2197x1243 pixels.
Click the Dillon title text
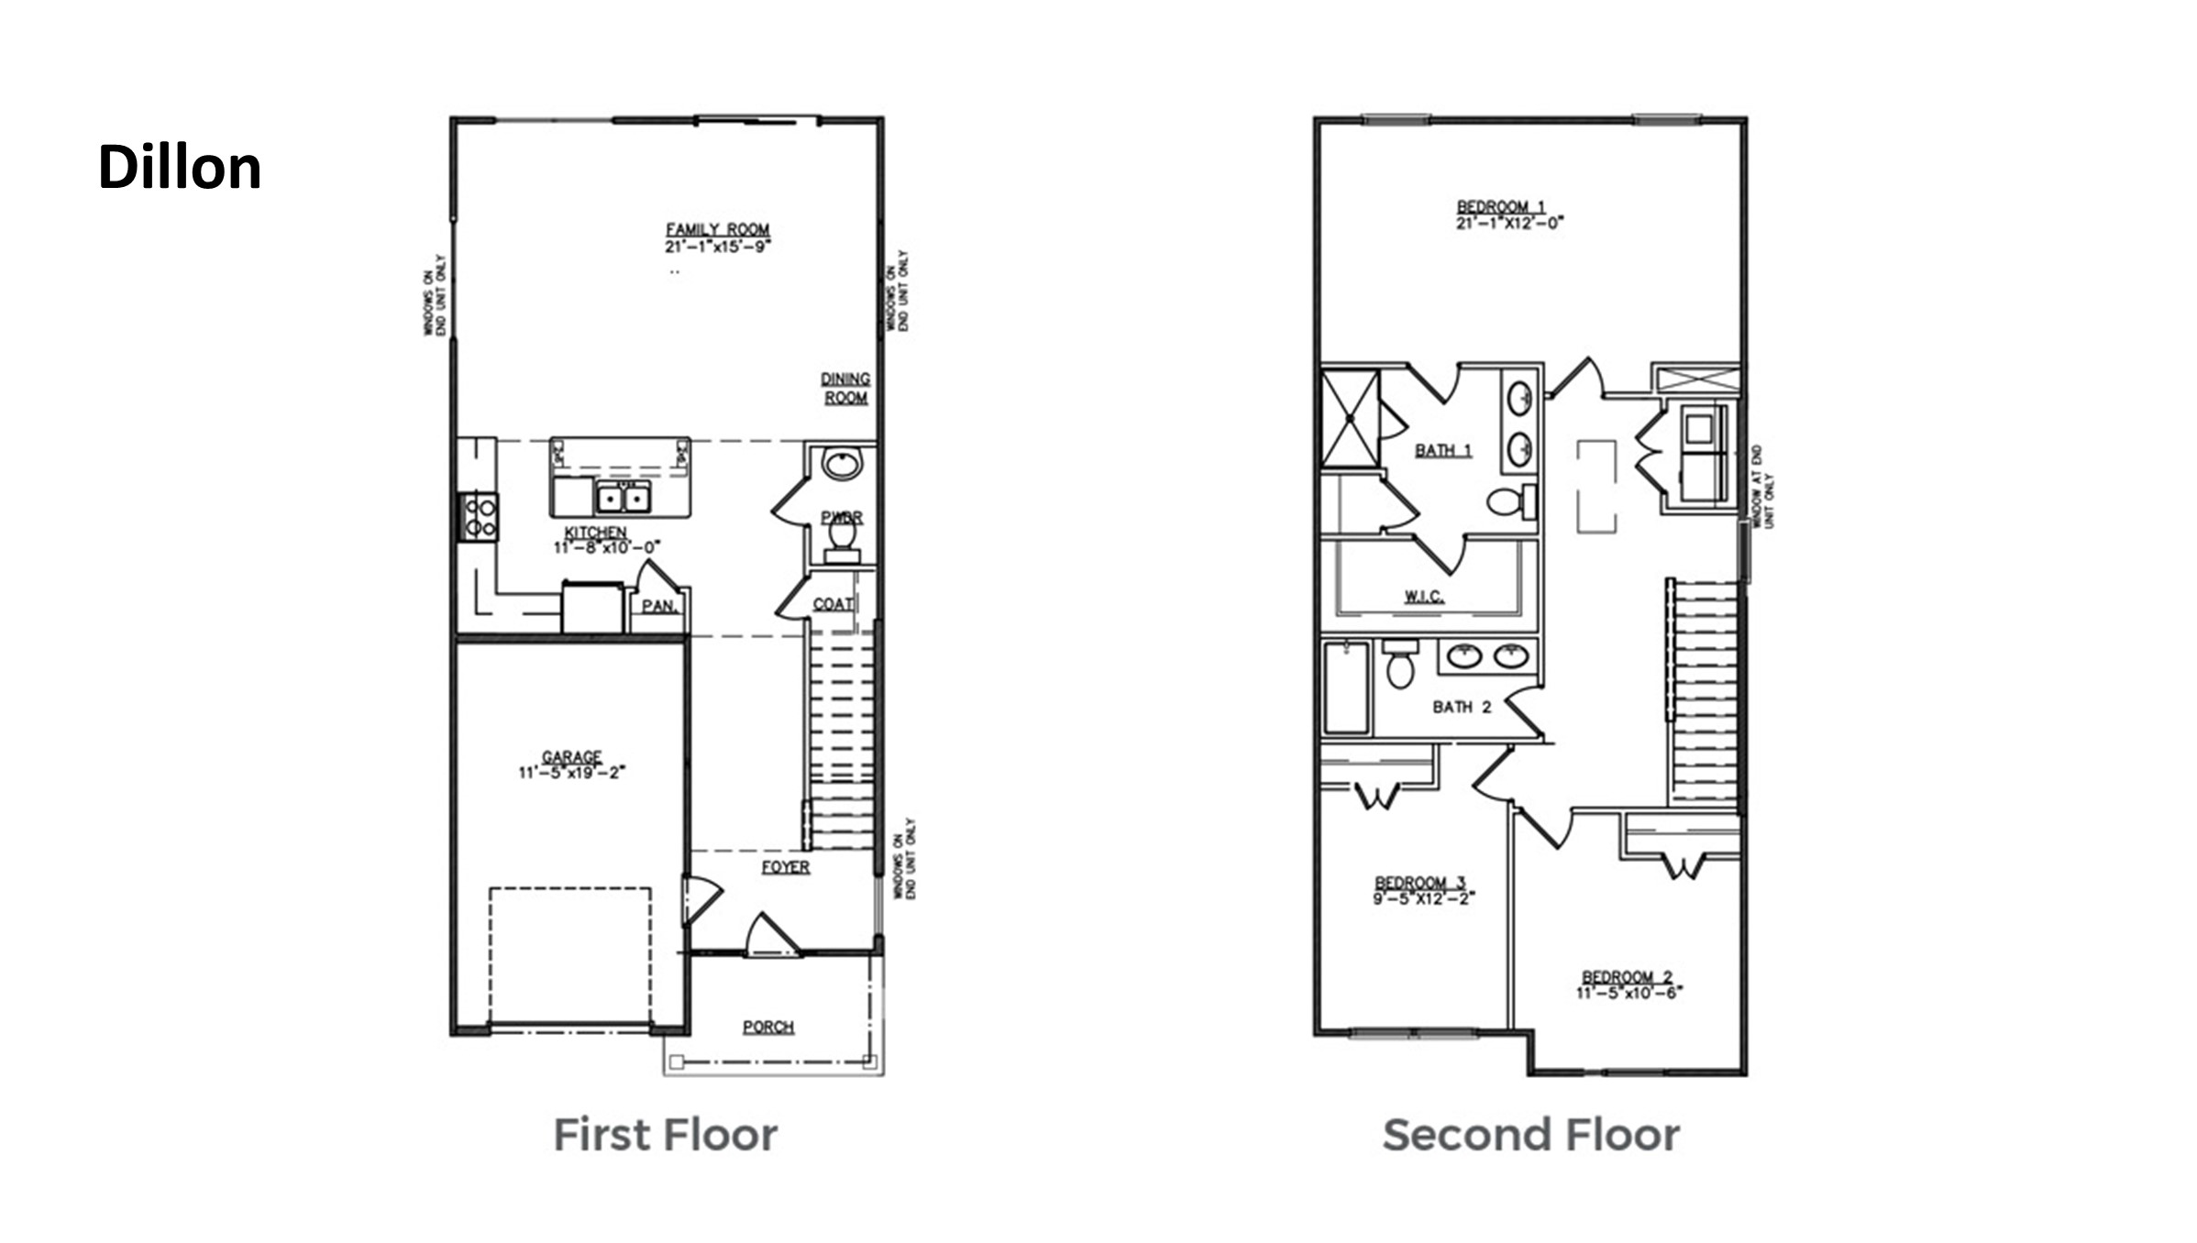[180, 168]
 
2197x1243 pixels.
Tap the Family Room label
[717, 229]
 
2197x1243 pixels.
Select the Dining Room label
[845, 388]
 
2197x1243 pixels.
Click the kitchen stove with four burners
[479, 517]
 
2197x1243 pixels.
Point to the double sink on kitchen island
[624, 498]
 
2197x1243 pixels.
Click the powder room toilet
[842, 535]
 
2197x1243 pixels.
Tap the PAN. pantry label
[658, 606]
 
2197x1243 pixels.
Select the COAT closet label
[833, 604]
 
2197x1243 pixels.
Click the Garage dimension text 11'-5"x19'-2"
[571, 773]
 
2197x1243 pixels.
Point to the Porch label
[768, 1027]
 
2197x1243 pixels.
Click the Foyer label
[786, 866]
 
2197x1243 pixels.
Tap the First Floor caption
[666, 1135]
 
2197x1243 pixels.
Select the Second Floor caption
[1531, 1135]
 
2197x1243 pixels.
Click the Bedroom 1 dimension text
[1509, 223]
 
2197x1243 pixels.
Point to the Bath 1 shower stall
[1350, 418]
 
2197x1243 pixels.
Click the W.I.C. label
[1424, 597]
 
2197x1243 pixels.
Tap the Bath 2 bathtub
[1346, 687]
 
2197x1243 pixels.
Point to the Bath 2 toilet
[1400, 665]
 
